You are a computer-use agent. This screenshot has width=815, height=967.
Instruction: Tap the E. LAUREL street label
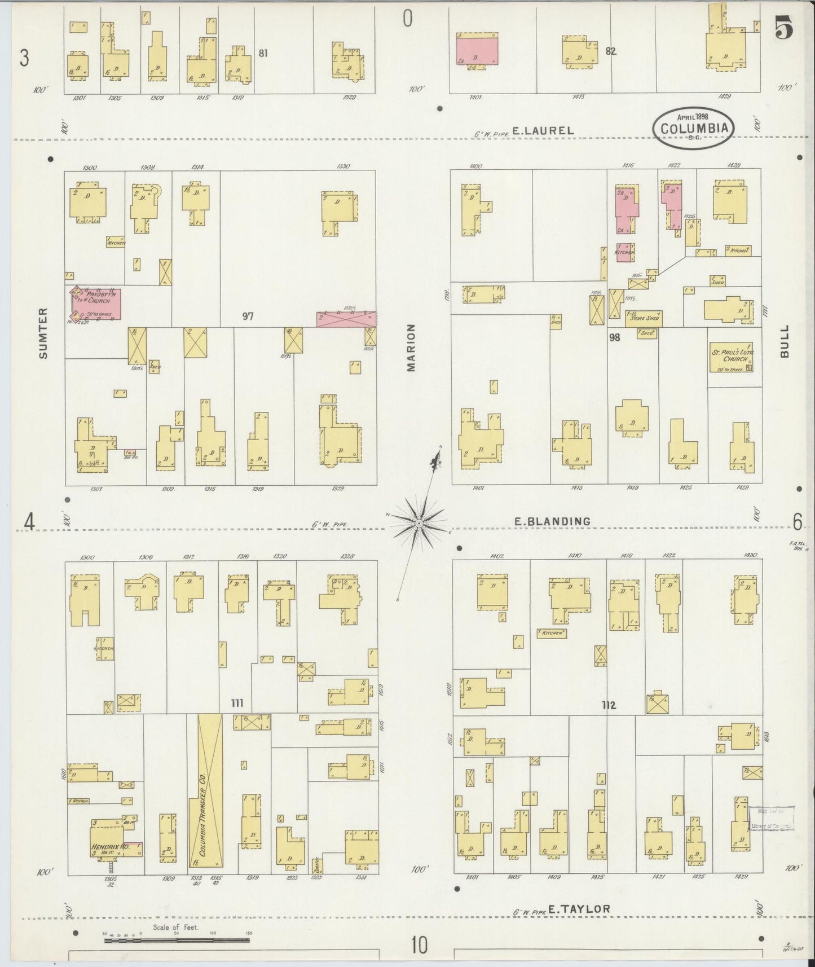(543, 130)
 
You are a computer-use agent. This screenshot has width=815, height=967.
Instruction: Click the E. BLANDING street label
(552, 522)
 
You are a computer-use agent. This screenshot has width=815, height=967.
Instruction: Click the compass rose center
(419, 524)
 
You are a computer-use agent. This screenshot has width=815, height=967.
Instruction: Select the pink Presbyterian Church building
(95, 303)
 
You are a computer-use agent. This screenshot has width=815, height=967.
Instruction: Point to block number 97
(248, 317)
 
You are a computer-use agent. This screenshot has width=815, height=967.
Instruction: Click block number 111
(237, 703)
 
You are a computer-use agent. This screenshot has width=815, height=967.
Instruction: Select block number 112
(608, 705)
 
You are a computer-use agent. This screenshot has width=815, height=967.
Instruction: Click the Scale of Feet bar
(176, 940)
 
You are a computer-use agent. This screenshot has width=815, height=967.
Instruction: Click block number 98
(614, 337)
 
